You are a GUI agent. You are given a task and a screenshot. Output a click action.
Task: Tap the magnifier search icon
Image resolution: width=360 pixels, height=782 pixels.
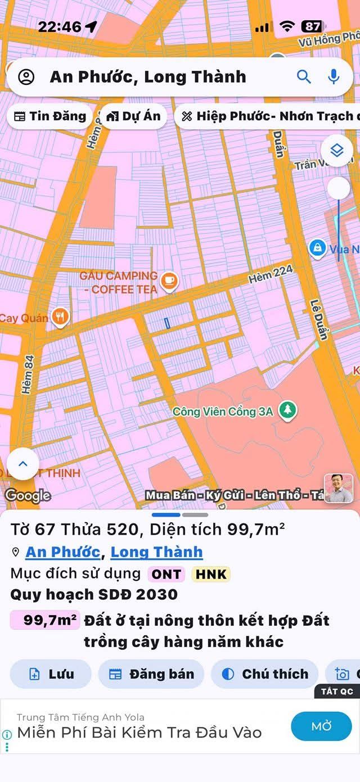point(304,77)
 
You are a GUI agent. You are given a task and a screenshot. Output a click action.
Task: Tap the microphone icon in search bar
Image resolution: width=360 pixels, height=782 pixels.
point(334,77)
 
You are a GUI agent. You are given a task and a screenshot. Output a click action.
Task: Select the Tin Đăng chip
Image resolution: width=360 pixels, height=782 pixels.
point(50,116)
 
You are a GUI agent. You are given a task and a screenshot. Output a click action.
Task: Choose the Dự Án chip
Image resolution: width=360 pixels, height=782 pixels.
point(133,116)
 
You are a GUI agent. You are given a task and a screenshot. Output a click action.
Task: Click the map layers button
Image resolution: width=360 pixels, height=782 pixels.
point(336,151)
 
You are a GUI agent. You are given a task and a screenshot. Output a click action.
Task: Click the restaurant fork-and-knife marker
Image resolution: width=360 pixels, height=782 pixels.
point(60,317)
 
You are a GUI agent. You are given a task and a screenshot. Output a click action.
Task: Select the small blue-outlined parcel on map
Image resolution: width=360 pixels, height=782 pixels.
point(168,323)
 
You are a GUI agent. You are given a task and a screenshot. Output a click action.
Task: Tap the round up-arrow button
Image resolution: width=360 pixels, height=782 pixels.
point(23,464)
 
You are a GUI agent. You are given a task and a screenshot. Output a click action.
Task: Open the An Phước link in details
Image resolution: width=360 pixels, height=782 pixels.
point(63,552)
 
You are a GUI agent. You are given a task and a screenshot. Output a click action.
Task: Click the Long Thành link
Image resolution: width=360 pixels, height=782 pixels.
point(156,552)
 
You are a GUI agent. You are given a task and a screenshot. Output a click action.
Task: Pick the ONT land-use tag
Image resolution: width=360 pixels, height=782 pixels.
point(166,574)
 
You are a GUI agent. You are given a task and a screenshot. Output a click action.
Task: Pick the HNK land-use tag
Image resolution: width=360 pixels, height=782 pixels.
point(211,574)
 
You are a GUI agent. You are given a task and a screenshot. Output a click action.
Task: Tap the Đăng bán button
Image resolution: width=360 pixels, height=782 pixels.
point(151,674)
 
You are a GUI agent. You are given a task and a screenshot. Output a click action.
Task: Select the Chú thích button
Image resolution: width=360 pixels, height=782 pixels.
point(265,674)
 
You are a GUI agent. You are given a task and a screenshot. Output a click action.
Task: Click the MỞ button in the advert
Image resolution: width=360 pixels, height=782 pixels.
point(321,726)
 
